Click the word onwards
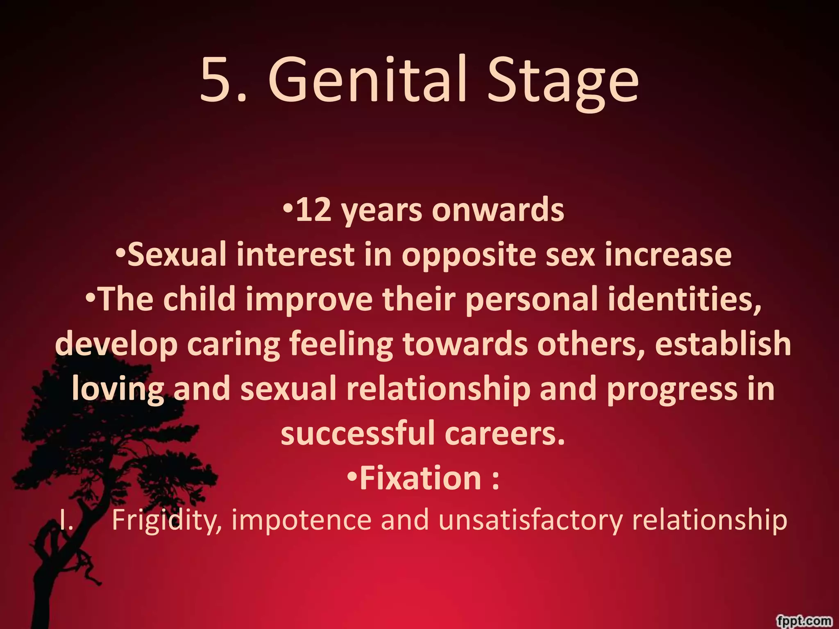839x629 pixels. pos(498,210)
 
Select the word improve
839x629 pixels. pos(309,299)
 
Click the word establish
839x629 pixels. pos(723,344)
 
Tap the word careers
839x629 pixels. pos(504,434)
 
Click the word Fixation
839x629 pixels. pos(420,478)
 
